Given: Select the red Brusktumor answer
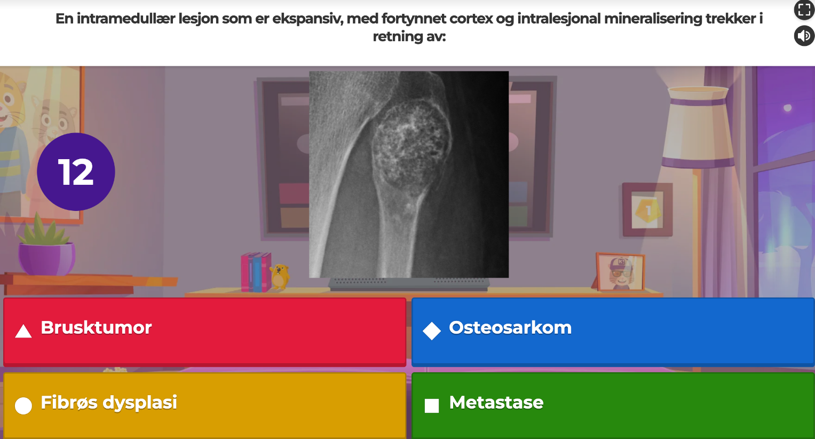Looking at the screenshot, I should click(204, 331).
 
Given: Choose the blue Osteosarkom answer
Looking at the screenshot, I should click(613, 331).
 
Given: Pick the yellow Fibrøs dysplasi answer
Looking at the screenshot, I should click(204, 405).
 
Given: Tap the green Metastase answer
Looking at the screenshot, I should click(613, 405).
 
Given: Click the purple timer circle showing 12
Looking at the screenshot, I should click(76, 172).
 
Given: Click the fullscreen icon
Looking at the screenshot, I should click(804, 10).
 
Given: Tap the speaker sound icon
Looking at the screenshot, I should click(804, 36).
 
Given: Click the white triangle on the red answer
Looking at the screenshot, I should click(23, 331).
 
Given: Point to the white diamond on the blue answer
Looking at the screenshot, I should click(432, 331).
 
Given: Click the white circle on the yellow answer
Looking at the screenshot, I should click(23, 406).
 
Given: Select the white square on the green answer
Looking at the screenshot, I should click(432, 406).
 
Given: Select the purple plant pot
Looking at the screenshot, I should click(46, 258).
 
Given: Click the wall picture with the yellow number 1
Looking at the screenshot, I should click(647, 210).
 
